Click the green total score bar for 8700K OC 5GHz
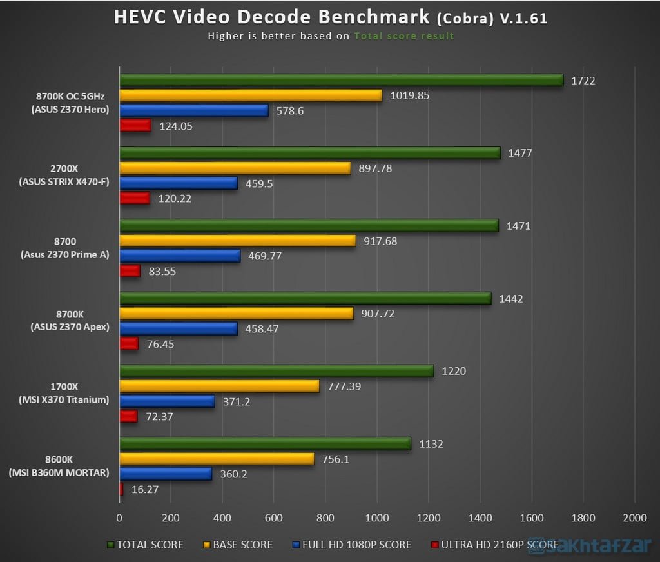342,80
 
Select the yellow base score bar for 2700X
235,168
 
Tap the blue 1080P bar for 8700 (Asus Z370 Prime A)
180,256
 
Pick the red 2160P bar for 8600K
121,489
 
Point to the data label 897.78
374,168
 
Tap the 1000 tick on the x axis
377,517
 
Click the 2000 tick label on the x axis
634,517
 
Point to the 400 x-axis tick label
222,517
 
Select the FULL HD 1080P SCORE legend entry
352,545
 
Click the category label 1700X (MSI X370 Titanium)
64,394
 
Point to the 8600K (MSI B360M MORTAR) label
59,467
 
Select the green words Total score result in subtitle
404,36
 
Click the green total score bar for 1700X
277,371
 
